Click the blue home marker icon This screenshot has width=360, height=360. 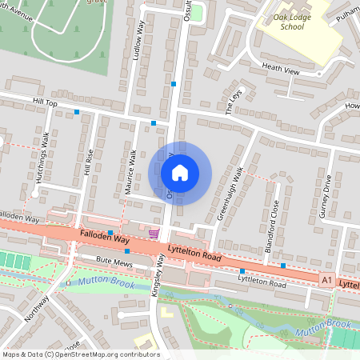(180, 172)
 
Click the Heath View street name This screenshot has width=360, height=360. (280, 70)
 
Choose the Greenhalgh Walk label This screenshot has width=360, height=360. (229, 194)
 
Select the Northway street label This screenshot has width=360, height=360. (37, 308)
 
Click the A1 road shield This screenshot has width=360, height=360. (326, 280)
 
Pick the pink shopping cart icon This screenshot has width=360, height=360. (154, 234)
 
